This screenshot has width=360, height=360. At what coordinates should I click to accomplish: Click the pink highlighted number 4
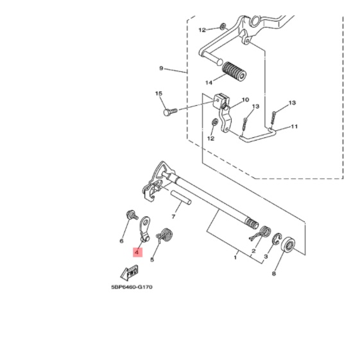click(138, 252)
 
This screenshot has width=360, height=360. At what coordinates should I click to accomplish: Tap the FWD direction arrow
click(130, 273)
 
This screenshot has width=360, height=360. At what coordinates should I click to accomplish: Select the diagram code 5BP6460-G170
click(132, 287)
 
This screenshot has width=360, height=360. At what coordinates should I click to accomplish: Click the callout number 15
click(159, 94)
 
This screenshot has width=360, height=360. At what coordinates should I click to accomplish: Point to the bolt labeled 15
click(170, 112)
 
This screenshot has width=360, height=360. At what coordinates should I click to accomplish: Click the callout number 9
click(161, 68)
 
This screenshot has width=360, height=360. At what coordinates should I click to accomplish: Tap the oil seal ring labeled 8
click(288, 245)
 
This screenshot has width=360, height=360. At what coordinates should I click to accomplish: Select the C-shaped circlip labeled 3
click(277, 239)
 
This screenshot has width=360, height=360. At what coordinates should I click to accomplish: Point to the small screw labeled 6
click(132, 215)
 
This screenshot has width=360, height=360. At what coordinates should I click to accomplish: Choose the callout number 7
click(173, 216)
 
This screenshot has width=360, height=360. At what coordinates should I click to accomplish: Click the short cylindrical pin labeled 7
click(181, 197)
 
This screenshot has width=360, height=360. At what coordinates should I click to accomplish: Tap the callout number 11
click(295, 126)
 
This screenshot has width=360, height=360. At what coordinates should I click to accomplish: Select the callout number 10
click(245, 99)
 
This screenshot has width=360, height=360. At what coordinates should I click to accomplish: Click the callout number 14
click(209, 83)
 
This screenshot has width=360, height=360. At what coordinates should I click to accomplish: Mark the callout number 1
click(235, 257)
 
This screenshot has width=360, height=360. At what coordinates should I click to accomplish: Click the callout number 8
click(273, 273)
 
